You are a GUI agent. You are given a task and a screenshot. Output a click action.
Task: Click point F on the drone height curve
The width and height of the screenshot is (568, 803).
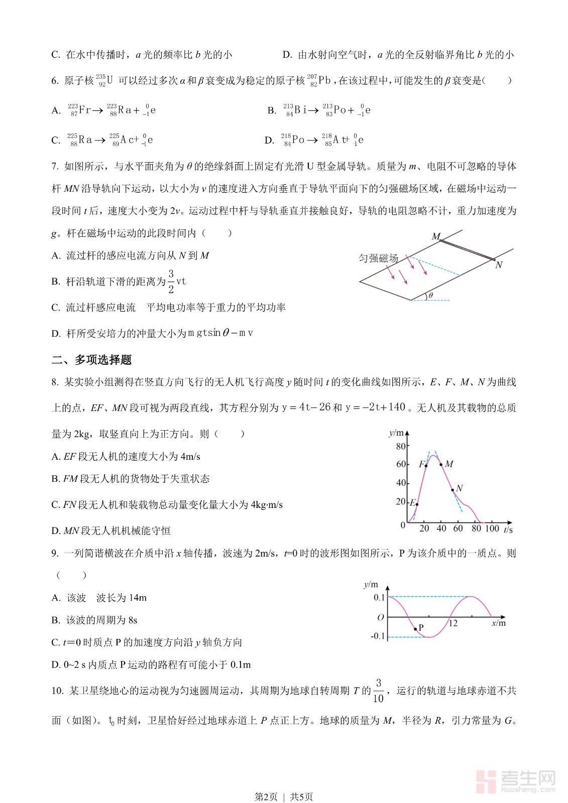[426, 466]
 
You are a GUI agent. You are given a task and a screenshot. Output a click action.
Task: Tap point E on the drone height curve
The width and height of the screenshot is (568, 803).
[417, 504]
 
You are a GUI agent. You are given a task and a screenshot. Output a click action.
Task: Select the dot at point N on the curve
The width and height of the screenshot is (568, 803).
[452, 490]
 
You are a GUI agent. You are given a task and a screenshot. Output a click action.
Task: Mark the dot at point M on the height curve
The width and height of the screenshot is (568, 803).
[441, 464]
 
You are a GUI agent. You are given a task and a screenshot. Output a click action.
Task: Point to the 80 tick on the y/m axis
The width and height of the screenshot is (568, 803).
[401, 446]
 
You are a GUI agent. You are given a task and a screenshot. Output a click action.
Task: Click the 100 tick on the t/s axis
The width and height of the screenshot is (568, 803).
[492, 528]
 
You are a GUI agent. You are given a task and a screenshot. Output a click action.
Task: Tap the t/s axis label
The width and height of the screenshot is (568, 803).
[508, 529]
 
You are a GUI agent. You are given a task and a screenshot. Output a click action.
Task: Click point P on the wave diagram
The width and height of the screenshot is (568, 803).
[415, 629]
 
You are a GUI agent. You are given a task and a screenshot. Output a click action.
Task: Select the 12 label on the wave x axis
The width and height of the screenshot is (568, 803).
[453, 623]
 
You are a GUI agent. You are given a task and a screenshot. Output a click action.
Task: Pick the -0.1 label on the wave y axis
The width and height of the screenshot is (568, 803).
[378, 636]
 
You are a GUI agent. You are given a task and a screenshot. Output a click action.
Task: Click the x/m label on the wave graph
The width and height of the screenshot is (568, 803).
[498, 623]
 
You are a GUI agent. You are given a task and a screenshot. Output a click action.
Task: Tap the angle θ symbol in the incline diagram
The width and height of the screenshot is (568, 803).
[430, 296]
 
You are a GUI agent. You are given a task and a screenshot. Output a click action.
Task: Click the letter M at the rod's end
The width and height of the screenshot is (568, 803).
[436, 236]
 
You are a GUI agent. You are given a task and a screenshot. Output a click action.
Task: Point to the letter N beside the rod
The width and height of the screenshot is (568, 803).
[498, 265]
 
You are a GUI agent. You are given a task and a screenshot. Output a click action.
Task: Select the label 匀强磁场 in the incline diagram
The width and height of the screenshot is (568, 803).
[378, 258]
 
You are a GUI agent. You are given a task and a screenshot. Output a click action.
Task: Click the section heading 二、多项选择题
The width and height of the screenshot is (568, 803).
[91, 360]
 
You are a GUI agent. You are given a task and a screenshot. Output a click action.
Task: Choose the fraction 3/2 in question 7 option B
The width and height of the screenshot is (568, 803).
[171, 282]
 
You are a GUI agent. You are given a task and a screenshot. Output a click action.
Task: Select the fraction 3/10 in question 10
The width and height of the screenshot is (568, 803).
[378, 691]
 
